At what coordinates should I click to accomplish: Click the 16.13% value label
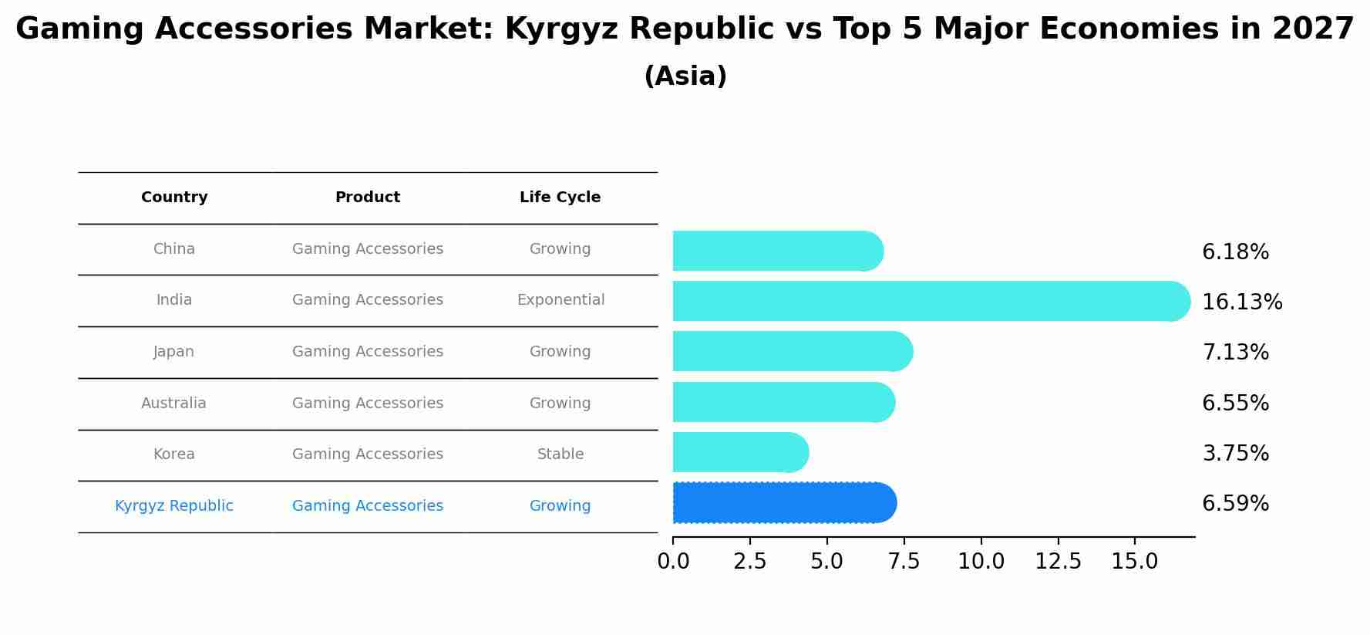click(1242, 302)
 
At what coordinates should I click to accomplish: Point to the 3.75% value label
click(1235, 454)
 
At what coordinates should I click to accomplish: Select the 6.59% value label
click(1235, 504)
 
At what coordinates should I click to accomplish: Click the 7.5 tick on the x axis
click(904, 562)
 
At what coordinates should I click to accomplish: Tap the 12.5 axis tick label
click(1058, 562)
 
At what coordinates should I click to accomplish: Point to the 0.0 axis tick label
click(673, 562)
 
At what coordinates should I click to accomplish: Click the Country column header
click(174, 198)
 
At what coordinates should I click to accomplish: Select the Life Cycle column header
click(560, 198)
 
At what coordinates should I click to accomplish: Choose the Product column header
click(368, 198)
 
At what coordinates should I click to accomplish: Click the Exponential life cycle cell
click(560, 300)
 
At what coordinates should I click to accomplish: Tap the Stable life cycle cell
click(560, 454)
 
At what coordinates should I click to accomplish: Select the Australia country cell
click(173, 404)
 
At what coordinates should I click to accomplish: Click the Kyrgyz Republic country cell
click(174, 506)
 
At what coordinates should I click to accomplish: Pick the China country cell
click(174, 249)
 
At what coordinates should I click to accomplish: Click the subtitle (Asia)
click(685, 76)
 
